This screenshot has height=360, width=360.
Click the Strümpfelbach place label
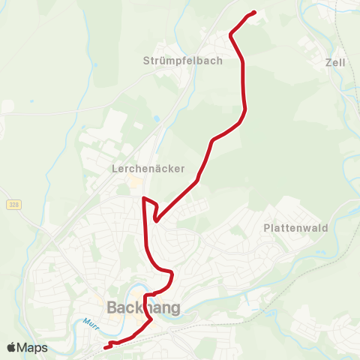point(183,61)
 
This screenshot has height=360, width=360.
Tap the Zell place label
point(336,63)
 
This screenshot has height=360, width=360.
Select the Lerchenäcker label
point(148,168)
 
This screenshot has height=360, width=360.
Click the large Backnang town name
point(143,307)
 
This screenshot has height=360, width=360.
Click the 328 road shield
point(14,205)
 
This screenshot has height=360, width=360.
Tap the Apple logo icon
point(11,347)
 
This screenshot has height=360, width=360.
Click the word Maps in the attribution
point(32,347)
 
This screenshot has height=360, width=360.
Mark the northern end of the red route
point(255,12)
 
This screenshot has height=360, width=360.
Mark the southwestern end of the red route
point(104,347)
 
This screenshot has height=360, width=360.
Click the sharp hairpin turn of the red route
point(155,220)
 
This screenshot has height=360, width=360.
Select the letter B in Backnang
point(112,307)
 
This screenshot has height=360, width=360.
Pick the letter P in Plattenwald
point(267,227)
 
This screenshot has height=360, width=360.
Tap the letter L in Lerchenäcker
point(114,168)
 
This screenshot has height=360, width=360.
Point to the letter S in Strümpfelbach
point(146,61)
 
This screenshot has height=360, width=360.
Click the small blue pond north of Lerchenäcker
point(156,118)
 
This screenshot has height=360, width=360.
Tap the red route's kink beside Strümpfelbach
point(231,34)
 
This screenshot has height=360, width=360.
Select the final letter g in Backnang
point(175,309)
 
